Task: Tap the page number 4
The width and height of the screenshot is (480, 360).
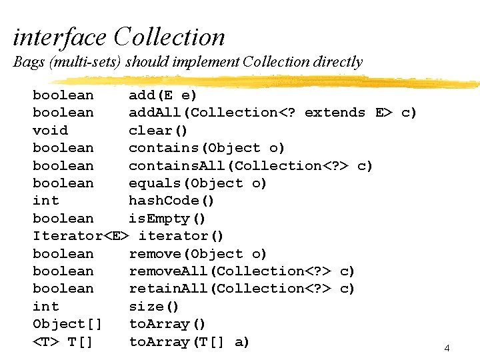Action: [447, 348]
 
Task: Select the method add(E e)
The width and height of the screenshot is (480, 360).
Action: [163, 95]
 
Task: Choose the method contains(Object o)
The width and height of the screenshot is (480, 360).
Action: [207, 148]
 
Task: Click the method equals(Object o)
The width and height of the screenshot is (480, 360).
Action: [197, 183]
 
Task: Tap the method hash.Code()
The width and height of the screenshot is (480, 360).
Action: [171, 201]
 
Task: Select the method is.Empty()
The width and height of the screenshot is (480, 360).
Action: [167, 219]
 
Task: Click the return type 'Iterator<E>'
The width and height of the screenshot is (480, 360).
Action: [81, 236]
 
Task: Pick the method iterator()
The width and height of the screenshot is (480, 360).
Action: [181, 236]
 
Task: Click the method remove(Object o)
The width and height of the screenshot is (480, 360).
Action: [197, 254]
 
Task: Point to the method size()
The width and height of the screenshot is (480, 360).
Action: [154, 307]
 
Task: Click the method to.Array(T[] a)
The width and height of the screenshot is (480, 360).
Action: [189, 342]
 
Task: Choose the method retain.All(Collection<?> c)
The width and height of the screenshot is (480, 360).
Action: [241, 289]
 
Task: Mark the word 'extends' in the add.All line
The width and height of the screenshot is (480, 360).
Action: [335, 113]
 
